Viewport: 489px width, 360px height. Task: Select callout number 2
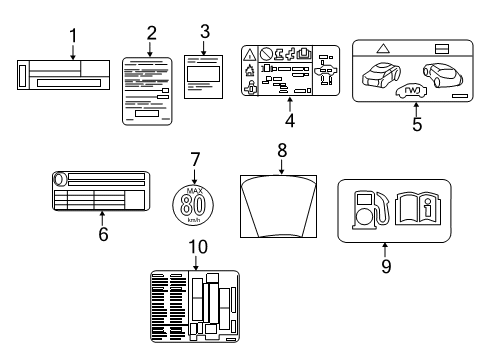click(151, 32)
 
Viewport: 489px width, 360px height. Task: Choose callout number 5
click(416, 126)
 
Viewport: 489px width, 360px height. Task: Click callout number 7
click(196, 157)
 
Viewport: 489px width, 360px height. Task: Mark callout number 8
click(282, 151)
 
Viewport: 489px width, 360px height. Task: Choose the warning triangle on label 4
click(251, 53)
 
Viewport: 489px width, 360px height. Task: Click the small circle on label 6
click(58, 180)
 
